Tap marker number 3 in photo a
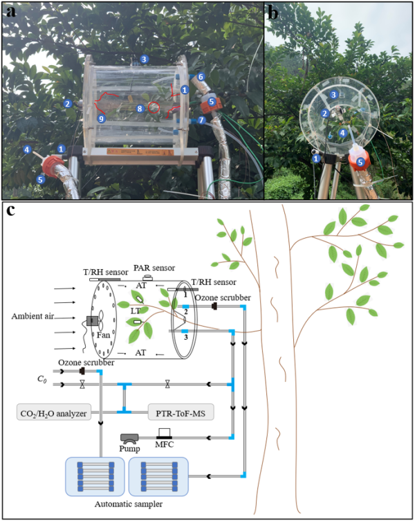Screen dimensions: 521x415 (144, 60)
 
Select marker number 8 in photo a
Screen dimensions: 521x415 (140, 108)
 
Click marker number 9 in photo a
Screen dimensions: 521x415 (102, 119)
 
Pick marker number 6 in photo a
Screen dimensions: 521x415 (201, 76)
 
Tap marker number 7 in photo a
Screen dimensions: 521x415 (201, 120)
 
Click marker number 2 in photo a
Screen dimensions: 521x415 (68, 104)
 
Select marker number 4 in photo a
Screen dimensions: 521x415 (27, 149)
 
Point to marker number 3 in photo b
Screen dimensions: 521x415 (333, 95)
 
